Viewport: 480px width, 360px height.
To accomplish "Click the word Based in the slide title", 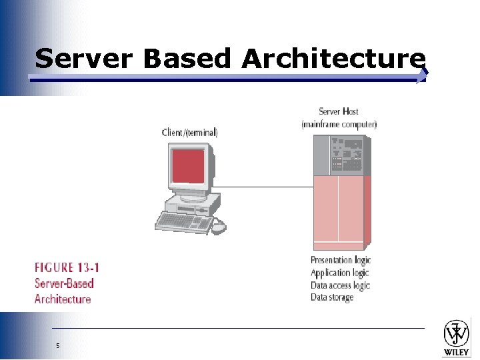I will [187, 59].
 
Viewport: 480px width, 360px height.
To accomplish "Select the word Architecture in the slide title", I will [333, 59].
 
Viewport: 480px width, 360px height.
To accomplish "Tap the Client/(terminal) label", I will [189, 132].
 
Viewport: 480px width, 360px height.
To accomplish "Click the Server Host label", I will [339, 111].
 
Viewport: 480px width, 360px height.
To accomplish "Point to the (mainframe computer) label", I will [339, 123].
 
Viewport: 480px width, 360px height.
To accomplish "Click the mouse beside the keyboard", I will [218, 227].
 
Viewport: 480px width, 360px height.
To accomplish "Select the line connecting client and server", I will [267, 187].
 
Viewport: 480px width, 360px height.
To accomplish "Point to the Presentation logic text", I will [340, 260].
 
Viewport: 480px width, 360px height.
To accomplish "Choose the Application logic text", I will [339, 273].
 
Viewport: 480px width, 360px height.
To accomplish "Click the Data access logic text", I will [340, 285].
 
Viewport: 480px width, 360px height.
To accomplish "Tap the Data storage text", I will [332, 297].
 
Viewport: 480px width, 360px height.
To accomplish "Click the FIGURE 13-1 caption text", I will [67, 267].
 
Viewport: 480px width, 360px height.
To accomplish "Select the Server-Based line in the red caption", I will [64, 283].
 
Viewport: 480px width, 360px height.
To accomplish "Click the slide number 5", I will [58, 345].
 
